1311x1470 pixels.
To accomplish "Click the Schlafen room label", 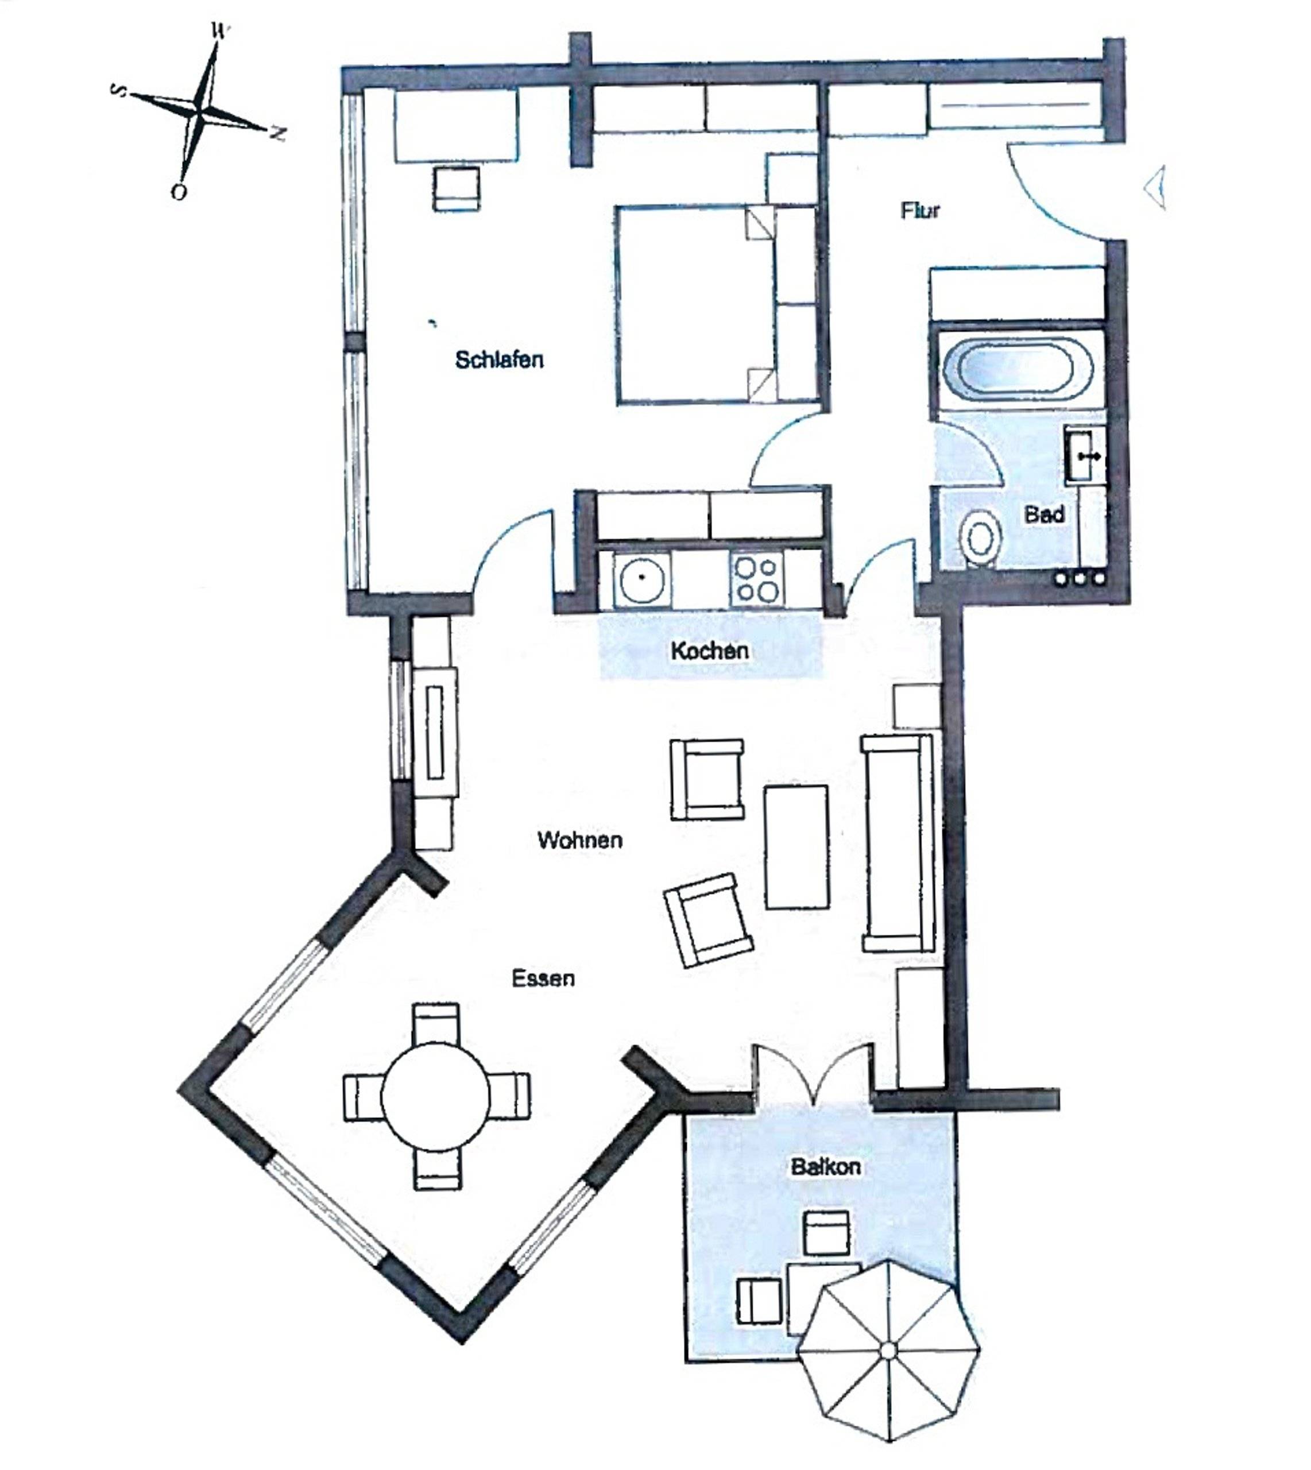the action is pos(499,359).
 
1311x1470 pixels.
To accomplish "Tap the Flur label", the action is pos(921,210).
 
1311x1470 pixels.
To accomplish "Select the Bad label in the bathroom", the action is pos(1045,514).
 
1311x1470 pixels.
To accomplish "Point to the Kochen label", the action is pos(710,651).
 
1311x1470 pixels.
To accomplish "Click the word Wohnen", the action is pos(580,840).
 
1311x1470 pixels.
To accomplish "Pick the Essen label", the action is pos(543,978).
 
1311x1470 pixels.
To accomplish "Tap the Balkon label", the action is pos(826,1167).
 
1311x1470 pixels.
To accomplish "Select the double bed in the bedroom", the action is pos(717,305).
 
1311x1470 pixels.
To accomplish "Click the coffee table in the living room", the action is pos(796,846).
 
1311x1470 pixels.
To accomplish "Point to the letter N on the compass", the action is pos(277,133).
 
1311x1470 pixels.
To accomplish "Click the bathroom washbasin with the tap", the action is pos(1084,455).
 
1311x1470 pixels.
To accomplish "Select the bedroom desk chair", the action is pos(456,189).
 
